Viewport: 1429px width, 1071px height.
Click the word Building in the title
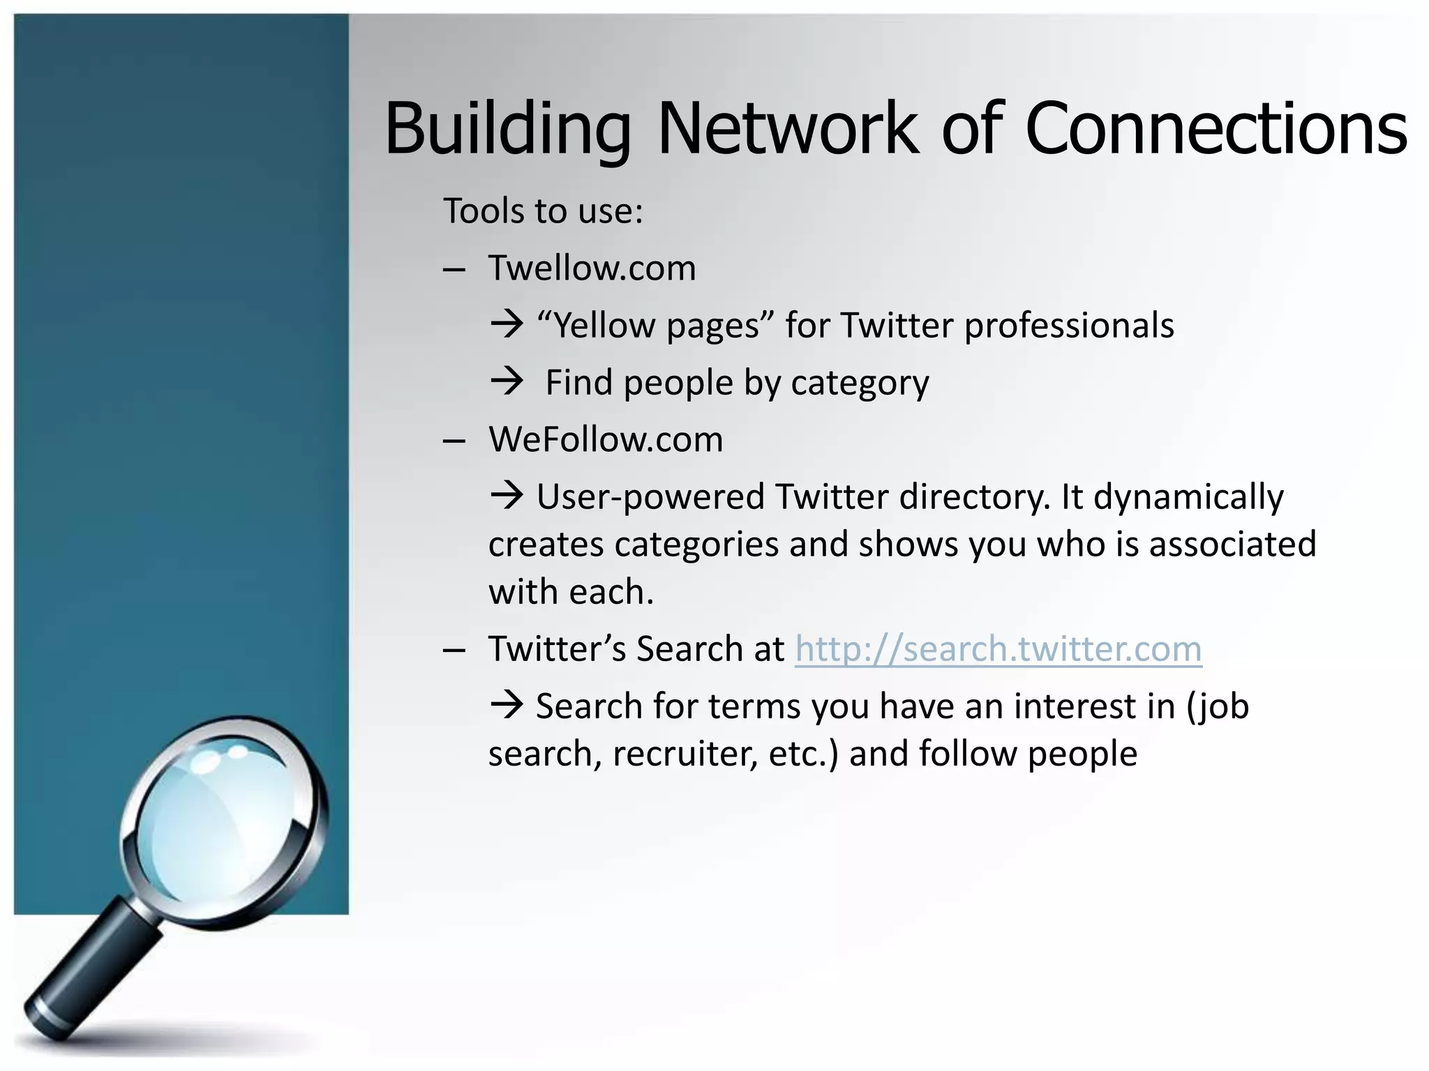point(507,129)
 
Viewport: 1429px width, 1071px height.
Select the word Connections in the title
point(1215,129)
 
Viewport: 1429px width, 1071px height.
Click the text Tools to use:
point(543,211)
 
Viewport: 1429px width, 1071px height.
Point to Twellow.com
point(592,268)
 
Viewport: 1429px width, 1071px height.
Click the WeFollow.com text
point(606,440)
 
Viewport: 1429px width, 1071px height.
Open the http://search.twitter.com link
point(998,649)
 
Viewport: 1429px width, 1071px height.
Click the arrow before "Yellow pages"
point(507,324)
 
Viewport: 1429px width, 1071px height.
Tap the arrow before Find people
point(507,381)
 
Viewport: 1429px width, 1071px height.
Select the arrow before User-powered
point(507,496)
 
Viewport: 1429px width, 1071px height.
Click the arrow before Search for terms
point(507,705)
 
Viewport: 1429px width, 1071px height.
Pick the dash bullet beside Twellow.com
point(454,270)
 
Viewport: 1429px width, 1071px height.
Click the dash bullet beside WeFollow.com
point(454,441)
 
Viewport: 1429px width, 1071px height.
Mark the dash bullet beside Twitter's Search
point(454,651)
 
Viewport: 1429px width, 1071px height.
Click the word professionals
point(1069,326)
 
